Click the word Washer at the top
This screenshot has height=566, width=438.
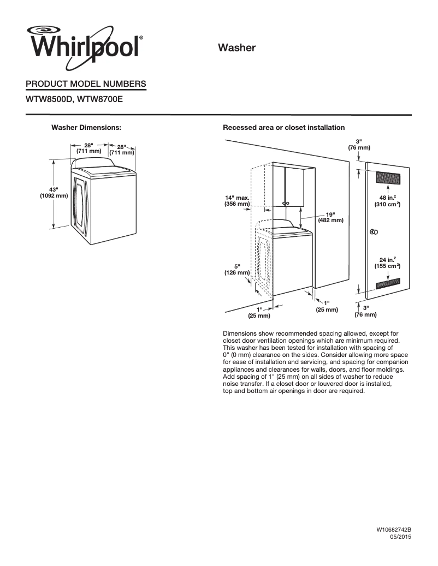237,48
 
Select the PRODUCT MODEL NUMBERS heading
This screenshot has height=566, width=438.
86,84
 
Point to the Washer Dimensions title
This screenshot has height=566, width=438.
86,127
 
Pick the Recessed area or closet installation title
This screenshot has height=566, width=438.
283,127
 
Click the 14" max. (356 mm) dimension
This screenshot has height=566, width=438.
237,200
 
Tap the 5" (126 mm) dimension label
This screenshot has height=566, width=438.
237,269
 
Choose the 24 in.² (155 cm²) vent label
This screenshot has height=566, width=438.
387,263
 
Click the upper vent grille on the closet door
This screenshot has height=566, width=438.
388,178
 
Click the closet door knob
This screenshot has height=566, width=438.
374,232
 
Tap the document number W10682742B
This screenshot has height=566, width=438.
393,530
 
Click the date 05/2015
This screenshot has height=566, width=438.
400,538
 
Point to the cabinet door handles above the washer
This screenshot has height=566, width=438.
285,203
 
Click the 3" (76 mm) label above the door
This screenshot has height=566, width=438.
359,145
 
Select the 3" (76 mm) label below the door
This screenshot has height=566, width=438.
365,312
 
